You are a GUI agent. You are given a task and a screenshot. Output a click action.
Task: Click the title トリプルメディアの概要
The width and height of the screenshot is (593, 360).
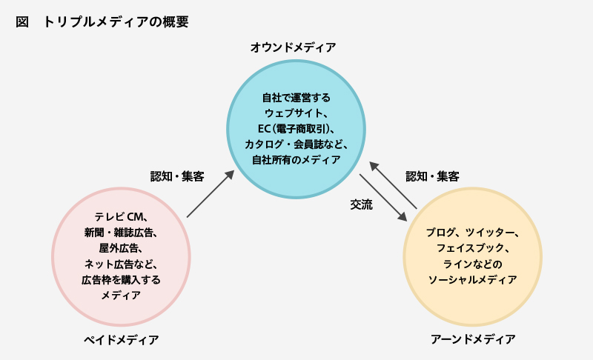116,22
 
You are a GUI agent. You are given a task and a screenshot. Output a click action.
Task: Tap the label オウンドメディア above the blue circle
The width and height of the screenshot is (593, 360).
293,48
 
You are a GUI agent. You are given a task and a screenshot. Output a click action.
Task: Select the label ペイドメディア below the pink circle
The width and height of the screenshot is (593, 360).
121,339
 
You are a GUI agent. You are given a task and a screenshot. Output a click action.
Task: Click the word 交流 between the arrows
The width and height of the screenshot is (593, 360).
361,204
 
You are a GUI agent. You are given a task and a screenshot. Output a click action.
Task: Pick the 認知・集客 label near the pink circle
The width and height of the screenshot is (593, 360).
177,176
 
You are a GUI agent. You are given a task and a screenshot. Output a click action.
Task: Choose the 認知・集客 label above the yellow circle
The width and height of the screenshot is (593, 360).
432,176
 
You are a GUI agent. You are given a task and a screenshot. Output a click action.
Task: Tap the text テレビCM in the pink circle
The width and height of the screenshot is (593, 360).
122,217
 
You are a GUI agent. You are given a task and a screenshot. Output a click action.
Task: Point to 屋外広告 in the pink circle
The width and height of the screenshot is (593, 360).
121,248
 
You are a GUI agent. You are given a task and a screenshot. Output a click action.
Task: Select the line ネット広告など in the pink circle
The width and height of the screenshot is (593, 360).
121,264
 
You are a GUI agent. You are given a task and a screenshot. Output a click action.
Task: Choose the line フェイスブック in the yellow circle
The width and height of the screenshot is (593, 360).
472,248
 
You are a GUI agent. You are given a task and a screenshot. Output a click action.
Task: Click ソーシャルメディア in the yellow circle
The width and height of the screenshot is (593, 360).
472,280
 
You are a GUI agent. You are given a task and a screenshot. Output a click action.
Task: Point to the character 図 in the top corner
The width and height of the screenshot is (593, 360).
21,22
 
